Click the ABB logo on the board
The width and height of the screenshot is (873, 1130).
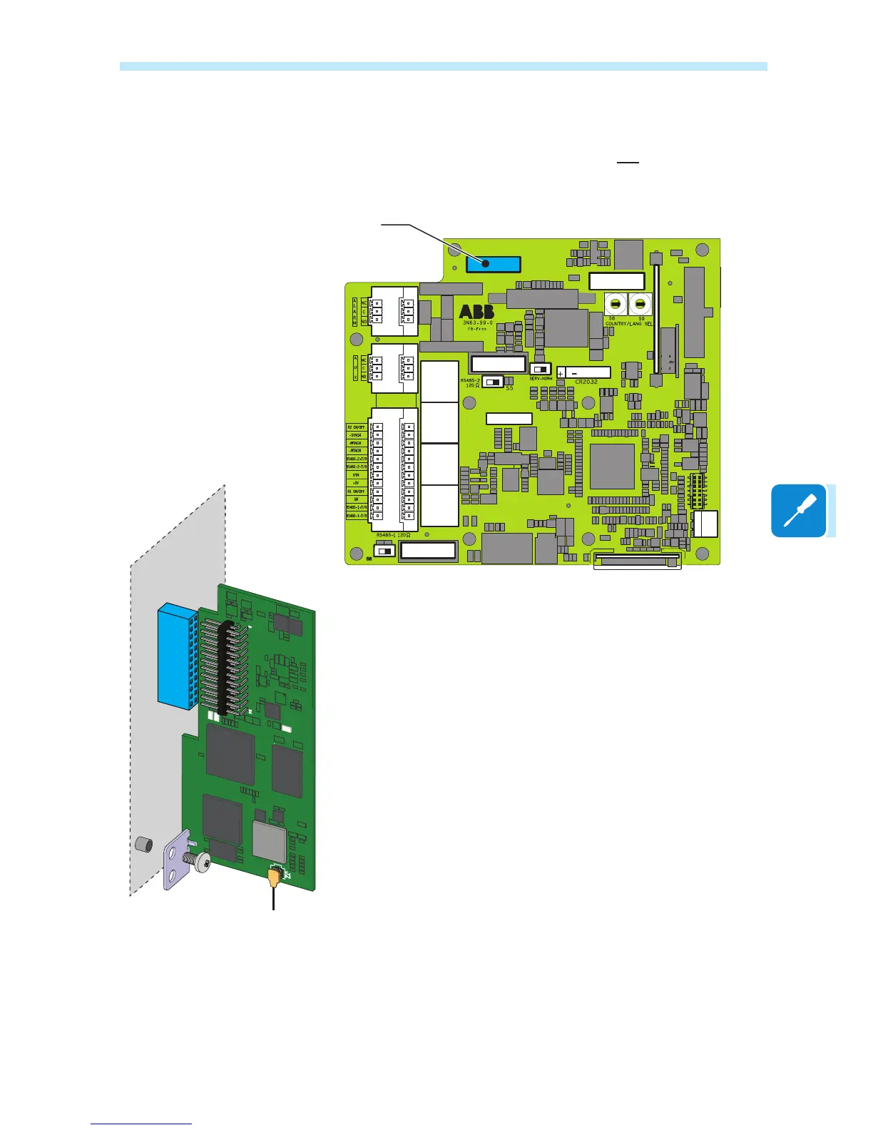tap(476, 312)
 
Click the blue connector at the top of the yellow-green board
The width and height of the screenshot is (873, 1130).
tap(494, 264)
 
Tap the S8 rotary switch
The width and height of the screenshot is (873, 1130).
tap(615, 305)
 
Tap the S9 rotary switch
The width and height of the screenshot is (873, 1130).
tap(640, 305)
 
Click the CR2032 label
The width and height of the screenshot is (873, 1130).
tap(586, 382)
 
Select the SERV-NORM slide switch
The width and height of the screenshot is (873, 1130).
tap(541, 370)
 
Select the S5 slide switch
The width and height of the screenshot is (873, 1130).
tap(493, 382)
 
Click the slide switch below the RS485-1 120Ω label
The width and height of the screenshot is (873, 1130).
tap(386, 551)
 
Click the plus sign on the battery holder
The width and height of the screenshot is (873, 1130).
tap(561, 374)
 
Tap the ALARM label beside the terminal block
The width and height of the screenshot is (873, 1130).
tap(354, 312)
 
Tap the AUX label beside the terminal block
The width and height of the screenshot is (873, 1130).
tap(354, 367)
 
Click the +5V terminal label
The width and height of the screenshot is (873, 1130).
tap(356, 483)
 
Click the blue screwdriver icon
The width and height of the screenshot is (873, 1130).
tap(798, 511)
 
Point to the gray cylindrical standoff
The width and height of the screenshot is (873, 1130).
tap(144, 845)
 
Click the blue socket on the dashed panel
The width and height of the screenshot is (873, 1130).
tap(175, 655)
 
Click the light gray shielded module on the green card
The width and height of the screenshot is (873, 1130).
tap(269, 840)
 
